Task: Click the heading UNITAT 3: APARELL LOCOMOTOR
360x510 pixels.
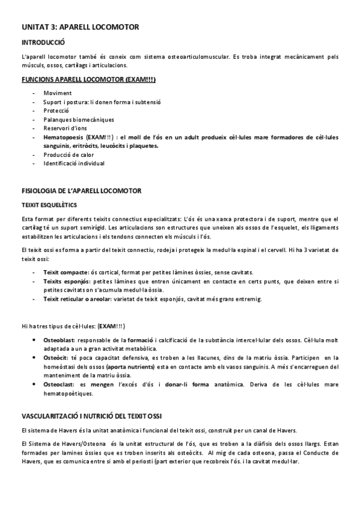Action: (80, 27)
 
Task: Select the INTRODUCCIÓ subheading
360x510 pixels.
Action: (43, 43)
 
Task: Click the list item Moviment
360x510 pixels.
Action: (57, 93)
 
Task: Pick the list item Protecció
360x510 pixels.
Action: (56, 111)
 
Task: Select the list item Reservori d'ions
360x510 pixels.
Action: (65, 128)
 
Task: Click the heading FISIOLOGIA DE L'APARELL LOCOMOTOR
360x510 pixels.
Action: (81, 191)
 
